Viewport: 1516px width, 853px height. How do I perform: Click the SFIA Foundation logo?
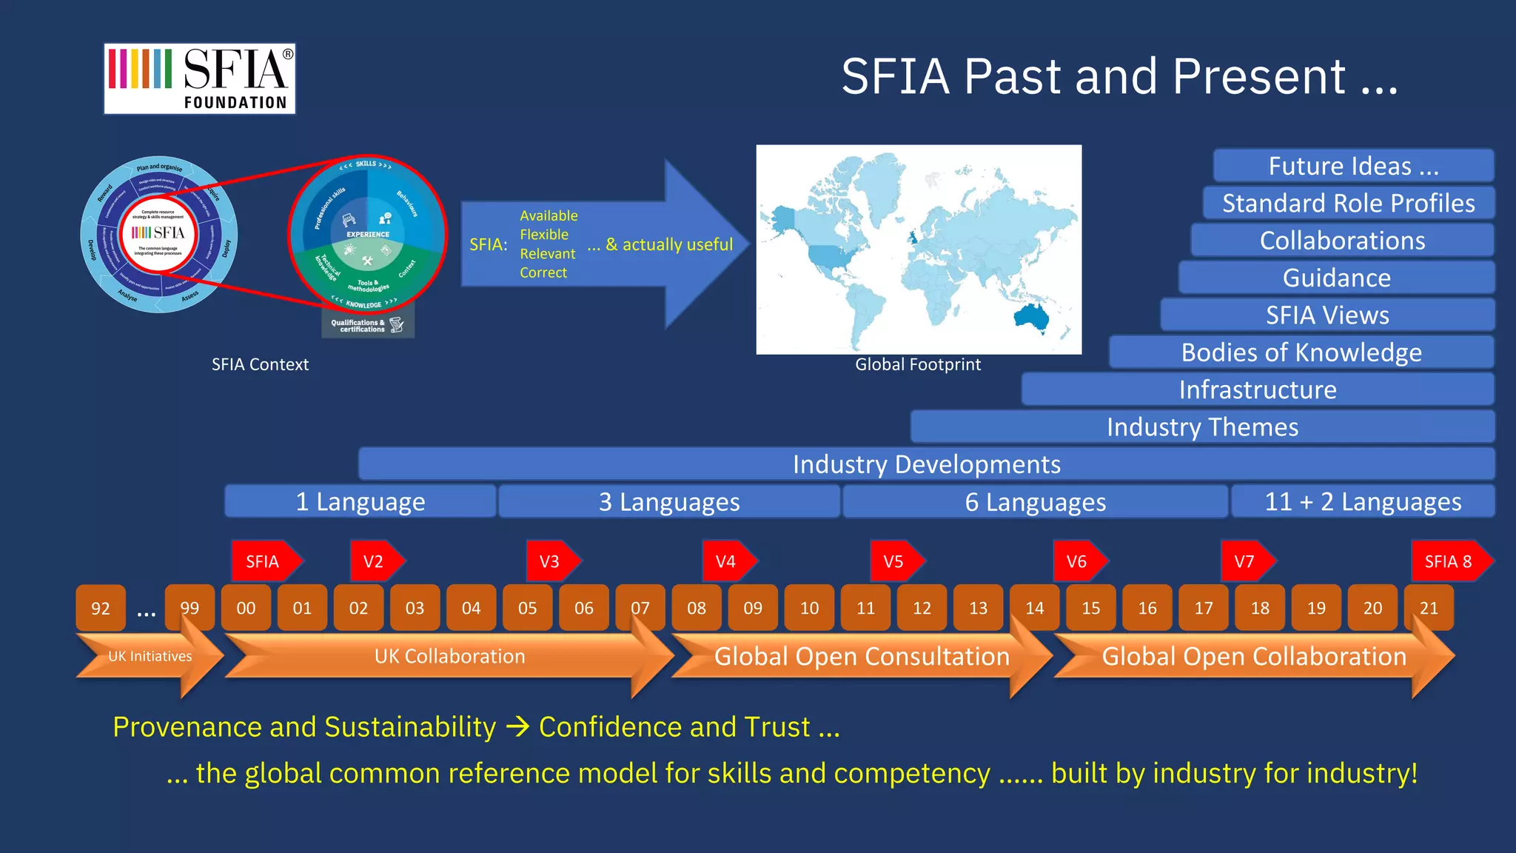(199, 78)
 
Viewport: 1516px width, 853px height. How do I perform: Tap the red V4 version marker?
(727, 561)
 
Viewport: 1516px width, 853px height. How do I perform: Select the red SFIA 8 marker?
(1449, 561)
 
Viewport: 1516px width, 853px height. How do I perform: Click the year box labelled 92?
(101, 608)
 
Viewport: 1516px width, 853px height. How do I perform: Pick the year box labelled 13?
(978, 608)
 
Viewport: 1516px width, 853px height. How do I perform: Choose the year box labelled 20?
(1372, 608)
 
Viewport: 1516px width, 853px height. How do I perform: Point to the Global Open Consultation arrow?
(861, 656)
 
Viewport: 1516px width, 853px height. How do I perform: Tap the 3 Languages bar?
(669, 502)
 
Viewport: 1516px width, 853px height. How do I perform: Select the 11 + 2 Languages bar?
(1362, 502)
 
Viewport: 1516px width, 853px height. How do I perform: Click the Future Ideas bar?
(1353, 166)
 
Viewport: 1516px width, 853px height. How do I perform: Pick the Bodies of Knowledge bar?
(1301, 352)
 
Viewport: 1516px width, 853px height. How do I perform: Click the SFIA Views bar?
(1326, 315)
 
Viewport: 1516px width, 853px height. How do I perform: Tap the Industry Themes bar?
(1202, 427)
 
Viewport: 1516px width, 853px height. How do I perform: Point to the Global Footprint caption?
(918, 364)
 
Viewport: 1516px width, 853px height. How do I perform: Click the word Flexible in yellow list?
(544, 235)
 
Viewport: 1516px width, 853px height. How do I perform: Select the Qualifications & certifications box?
(367, 325)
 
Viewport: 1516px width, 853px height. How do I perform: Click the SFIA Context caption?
(260, 364)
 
